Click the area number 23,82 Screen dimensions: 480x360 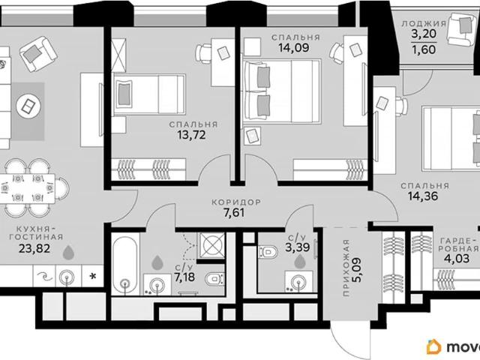pos(34,248)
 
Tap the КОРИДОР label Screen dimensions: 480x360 pos(236,202)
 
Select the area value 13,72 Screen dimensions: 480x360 pos(192,135)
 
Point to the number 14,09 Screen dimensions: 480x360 pos(294,48)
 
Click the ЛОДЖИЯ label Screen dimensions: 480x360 pos(424,23)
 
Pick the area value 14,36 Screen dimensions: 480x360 pos(423,196)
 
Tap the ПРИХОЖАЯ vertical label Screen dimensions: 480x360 pos(346,268)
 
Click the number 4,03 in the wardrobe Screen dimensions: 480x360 pos(457,259)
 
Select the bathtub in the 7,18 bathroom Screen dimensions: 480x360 pos(125,263)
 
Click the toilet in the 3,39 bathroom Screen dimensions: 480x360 pos(268,252)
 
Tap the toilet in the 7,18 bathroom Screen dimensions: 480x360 pos(214,278)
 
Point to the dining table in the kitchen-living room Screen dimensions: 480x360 pos(28,188)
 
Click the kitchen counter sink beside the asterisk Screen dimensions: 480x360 pos(67,277)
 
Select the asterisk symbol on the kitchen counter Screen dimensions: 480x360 pos(92,277)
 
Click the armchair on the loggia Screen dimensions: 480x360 pos(461,28)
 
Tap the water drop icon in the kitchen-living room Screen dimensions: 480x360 pos(68,253)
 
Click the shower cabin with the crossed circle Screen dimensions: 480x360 pos(211,246)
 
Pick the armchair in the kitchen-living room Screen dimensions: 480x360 pos(38,54)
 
